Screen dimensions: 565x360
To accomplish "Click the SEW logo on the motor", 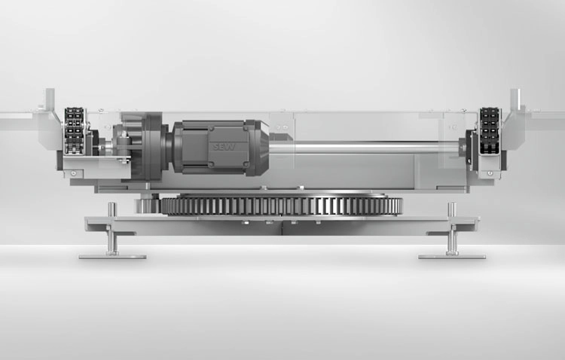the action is point(224,146).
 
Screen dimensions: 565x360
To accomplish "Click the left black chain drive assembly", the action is point(75,130).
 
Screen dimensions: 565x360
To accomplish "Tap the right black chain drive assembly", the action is point(489,130).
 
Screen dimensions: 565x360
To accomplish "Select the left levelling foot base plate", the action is point(112,257).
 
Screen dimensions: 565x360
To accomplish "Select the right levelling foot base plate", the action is point(452,257).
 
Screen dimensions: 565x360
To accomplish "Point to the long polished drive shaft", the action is point(364,148).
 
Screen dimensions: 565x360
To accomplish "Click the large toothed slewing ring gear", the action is point(281,206).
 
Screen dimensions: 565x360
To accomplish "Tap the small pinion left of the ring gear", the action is point(148,206).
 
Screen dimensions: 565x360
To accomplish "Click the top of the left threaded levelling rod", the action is point(112,205).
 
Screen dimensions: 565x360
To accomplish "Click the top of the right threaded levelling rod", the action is point(452,205).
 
